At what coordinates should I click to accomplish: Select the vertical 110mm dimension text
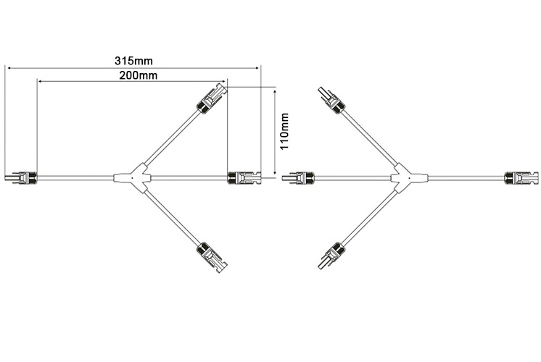(285, 131)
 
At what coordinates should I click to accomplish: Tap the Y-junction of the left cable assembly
(133, 176)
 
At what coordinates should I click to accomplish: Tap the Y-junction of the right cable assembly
(400, 177)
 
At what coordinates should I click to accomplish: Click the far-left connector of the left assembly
(21, 176)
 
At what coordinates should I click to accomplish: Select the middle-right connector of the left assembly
(243, 176)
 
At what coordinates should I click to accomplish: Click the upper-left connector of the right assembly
(330, 99)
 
